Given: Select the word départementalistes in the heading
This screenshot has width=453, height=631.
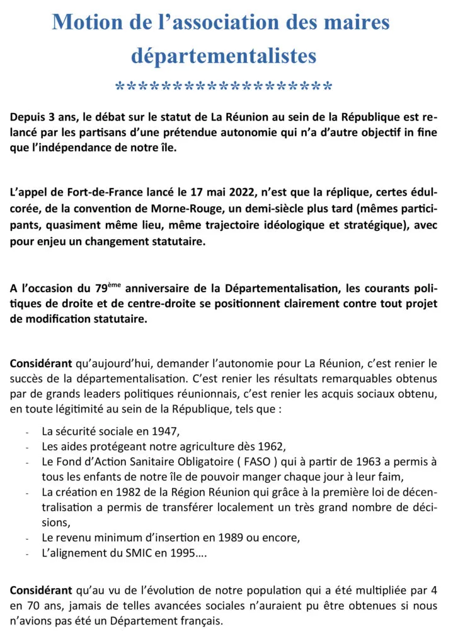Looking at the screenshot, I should coord(224,56).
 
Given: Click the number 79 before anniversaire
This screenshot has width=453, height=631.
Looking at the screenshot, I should coord(98,288).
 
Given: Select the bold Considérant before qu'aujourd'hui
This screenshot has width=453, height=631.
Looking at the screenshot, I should coord(41,365).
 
